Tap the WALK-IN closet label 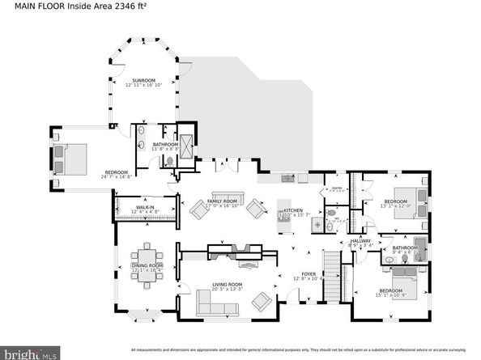(145, 209)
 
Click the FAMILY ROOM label (224, 201)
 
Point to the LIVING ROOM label (227, 285)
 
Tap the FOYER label (309, 274)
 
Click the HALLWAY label (360, 241)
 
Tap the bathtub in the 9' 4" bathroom (419, 247)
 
